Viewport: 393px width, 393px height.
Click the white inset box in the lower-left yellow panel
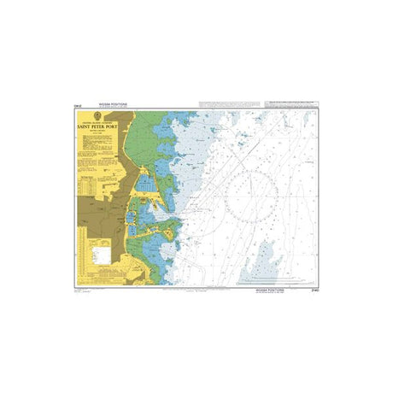103,253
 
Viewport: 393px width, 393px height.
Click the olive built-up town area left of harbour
94,214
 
